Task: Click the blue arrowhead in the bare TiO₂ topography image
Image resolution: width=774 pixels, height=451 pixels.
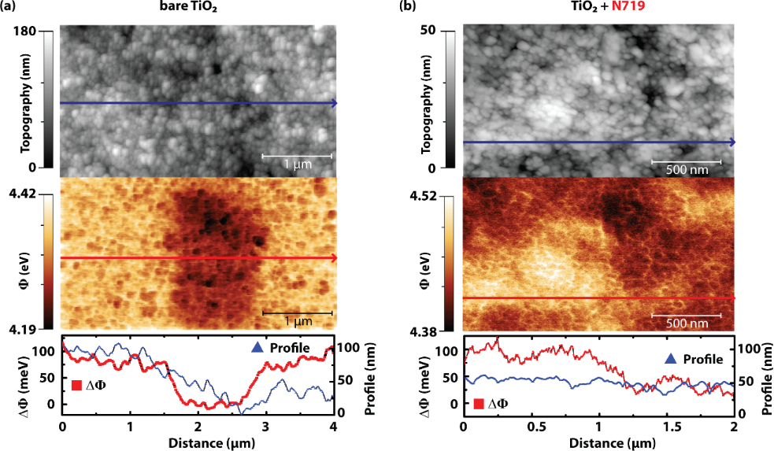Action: pyautogui.click(x=334, y=103)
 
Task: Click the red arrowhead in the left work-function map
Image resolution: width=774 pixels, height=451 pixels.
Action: pyautogui.click(x=334, y=257)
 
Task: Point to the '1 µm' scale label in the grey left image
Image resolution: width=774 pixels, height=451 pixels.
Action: pyautogui.click(x=297, y=165)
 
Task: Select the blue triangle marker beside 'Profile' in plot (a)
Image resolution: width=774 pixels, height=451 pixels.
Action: pyautogui.click(x=257, y=348)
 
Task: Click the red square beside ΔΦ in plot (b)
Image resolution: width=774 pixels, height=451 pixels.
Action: pyautogui.click(x=478, y=404)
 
